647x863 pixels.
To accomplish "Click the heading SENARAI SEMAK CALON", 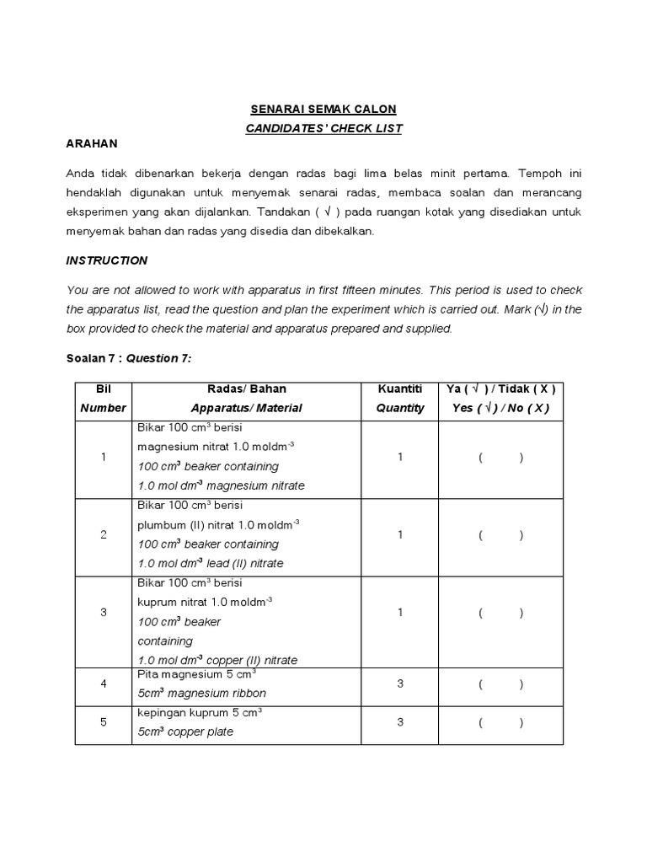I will coord(323,110).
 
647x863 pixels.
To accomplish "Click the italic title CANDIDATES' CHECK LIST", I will coord(323,128).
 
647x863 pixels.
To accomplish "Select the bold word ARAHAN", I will coord(92,144).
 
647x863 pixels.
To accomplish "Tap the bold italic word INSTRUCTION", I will coord(107,260).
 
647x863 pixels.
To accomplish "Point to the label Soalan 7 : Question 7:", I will coord(129,358).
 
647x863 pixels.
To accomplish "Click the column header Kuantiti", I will coord(400,389).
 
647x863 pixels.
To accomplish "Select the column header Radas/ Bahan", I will coord(246,389).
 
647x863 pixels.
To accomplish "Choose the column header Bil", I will coord(103,389).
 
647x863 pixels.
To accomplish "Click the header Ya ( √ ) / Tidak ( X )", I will coord(500,389).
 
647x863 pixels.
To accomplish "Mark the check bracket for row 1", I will coord(500,458).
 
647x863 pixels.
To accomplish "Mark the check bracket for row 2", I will coord(500,535).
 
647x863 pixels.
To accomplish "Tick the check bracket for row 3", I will coord(500,613).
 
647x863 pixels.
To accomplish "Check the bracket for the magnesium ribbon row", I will coord(500,684).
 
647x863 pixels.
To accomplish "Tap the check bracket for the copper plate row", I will coord(500,722).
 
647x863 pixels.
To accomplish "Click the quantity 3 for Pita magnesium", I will coord(400,683).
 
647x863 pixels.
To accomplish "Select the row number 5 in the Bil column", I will coord(104,722).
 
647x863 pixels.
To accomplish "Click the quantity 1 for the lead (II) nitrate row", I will coord(400,534).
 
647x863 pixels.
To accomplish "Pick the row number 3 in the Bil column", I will coord(104,613).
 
